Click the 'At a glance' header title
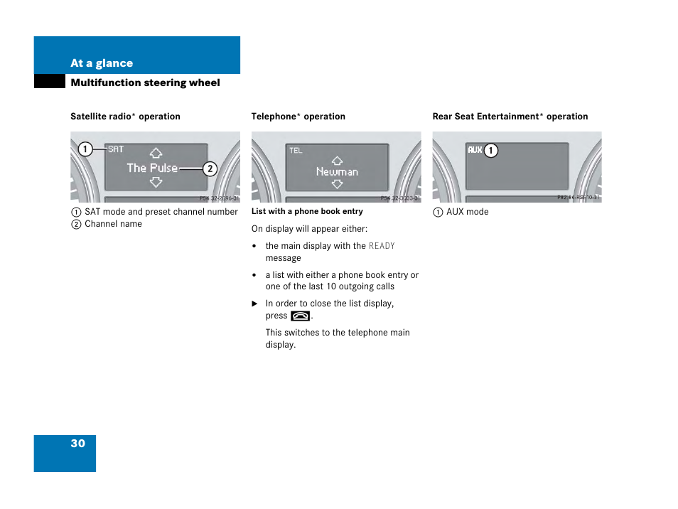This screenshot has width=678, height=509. coord(102,63)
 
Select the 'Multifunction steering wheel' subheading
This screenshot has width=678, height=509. coord(145,82)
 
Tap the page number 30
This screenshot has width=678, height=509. coord(77,444)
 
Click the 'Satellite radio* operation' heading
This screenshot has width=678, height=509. coord(125,117)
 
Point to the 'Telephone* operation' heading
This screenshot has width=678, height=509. coord(298,117)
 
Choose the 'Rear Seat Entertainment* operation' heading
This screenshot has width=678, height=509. coord(510,117)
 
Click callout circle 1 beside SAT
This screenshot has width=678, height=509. coord(85,149)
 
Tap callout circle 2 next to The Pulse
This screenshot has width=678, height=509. coord(210,168)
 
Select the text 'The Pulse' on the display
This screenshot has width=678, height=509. coord(152,168)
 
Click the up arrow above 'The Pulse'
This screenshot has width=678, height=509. coord(156,153)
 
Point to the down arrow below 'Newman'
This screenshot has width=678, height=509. coord(337,183)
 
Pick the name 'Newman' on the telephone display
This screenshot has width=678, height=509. coord(337,172)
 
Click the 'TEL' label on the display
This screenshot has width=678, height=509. coord(296,151)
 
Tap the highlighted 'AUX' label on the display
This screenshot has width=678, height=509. coord(475,151)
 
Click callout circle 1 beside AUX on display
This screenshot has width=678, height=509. coord(491,151)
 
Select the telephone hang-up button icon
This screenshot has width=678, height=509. coord(300,316)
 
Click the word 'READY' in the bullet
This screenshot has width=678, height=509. coord(382,246)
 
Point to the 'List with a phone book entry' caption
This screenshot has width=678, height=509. coord(307,211)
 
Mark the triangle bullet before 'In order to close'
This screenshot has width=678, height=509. coord(254,304)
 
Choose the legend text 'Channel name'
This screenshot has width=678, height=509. coord(113,224)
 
